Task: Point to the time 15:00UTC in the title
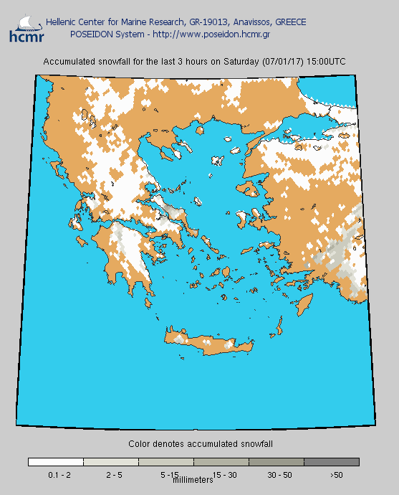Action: tap(326, 62)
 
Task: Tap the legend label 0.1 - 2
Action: tap(59, 475)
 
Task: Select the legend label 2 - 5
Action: tap(115, 475)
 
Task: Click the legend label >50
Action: tap(336, 475)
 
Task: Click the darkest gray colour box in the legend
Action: tap(332, 462)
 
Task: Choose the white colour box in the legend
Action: tap(56, 462)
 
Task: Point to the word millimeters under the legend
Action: tap(194, 479)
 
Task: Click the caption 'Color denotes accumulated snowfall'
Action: tap(201, 445)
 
